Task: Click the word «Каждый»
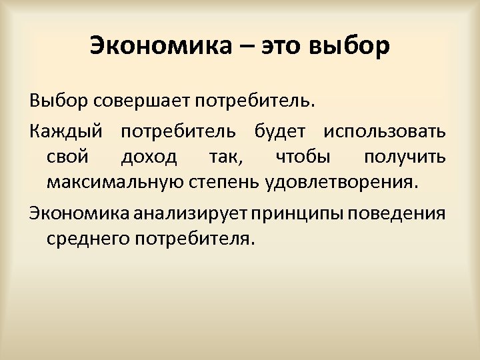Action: tap(65, 132)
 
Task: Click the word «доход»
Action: tap(149, 157)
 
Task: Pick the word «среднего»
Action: tap(89, 238)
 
